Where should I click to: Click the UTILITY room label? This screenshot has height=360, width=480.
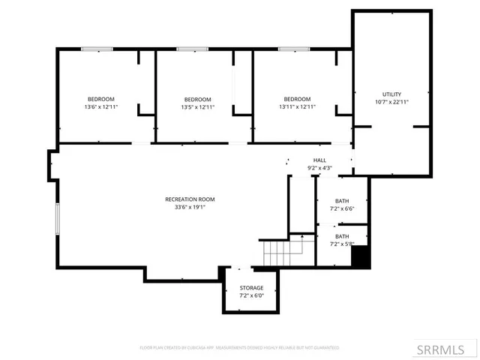coord(392,94)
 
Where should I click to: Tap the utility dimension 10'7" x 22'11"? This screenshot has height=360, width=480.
coord(392,102)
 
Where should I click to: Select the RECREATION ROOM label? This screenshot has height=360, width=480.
coord(190,199)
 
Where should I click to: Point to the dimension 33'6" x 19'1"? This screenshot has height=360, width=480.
coord(190,207)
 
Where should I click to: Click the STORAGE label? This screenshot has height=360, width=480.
coord(251,288)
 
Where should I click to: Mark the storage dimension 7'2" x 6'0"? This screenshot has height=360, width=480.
coord(251,296)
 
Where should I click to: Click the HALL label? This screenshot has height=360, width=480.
coord(319,160)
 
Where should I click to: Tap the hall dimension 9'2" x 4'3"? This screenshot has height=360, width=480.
coord(319,169)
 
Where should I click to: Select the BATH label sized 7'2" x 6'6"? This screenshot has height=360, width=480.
coord(342,201)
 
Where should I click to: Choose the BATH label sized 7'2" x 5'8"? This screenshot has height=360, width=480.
coord(342,236)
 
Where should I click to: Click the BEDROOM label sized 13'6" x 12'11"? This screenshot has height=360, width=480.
coord(100,99)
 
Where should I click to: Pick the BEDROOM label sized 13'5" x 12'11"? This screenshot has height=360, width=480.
coord(198,99)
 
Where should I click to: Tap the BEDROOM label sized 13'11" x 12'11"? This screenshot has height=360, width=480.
coord(297,99)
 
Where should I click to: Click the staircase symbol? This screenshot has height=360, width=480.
coord(277,253)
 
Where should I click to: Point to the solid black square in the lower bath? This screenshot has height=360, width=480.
coord(361,256)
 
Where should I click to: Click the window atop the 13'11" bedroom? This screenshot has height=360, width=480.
coord(294,49)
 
